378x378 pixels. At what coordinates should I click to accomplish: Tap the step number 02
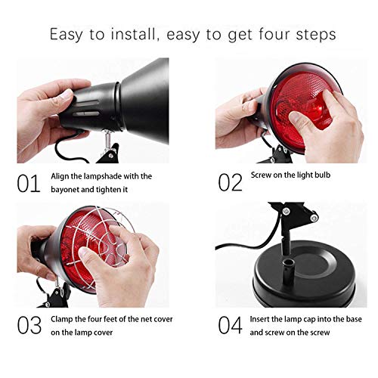coord(228,181)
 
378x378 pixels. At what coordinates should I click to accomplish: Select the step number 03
coord(29,326)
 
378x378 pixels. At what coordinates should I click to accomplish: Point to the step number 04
coord(229,326)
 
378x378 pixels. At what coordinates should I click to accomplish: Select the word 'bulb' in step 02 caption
coord(323,175)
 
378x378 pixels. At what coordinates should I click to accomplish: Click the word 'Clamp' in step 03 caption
coord(65,320)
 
